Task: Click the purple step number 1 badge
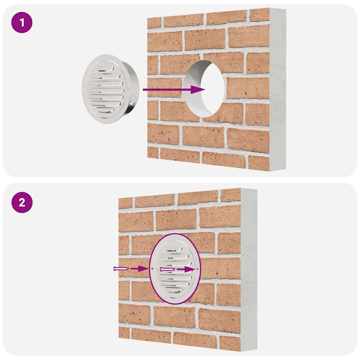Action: [x=22, y=23]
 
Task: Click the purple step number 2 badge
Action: [x=22, y=203]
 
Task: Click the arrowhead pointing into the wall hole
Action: [x=198, y=89]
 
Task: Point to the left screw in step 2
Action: [x=121, y=269]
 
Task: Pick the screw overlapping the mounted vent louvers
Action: [x=168, y=269]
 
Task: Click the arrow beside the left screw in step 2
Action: [x=139, y=269]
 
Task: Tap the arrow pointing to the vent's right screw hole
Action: [x=185, y=269]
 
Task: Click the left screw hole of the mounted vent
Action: [x=153, y=268]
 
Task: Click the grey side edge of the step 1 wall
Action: [x=278, y=90]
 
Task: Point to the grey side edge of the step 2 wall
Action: [x=249, y=272]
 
